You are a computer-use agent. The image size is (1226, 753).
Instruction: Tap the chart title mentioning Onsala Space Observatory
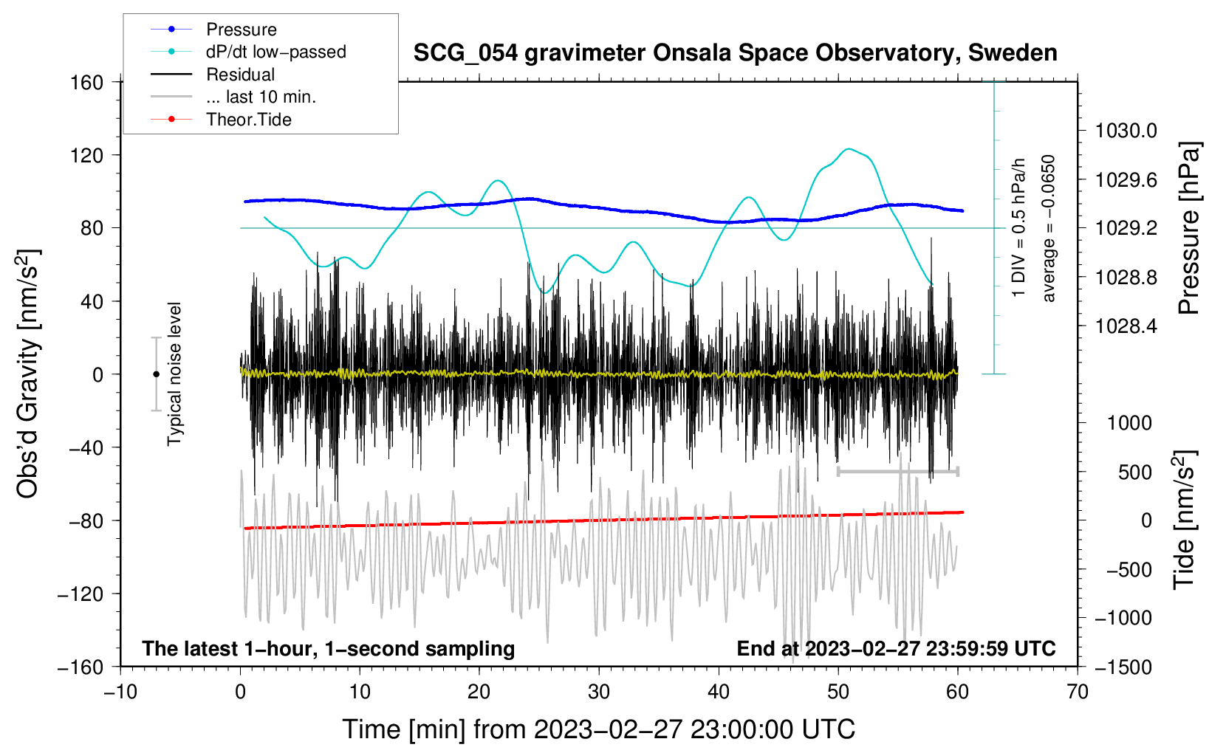pos(735,53)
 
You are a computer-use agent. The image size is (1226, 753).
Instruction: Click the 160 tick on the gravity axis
pos(87,82)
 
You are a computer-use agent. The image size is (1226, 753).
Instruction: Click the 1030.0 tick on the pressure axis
pos(1126,131)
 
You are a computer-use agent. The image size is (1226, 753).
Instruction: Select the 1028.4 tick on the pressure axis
pos(1126,326)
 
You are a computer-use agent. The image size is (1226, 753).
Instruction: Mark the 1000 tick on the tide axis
pos(1129,423)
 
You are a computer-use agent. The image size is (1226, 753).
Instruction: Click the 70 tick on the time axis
pos(1078,692)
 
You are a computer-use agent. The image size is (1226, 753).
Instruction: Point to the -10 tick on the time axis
pos(120,692)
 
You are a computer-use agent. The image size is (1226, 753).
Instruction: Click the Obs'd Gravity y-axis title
pos(27,374)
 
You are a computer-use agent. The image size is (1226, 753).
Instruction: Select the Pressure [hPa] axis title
pos(1188,229)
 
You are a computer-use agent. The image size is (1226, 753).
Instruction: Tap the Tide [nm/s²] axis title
pos(1184,520)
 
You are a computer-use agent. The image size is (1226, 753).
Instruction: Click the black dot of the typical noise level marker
pos(156,374)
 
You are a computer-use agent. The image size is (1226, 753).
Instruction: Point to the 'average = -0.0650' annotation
pos(1049,228)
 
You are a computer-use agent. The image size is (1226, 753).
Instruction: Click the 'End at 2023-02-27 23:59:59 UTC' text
pos(896,649)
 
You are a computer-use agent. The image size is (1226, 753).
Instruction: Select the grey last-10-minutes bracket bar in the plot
pos(897,471)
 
